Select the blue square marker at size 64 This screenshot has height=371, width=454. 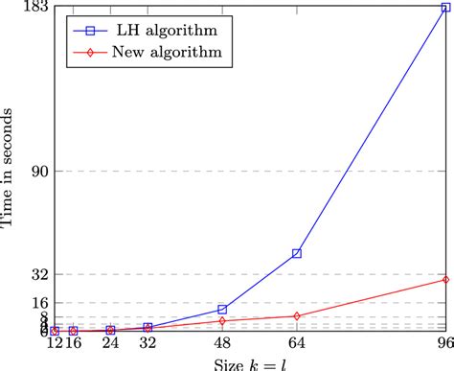(x=297, y=253)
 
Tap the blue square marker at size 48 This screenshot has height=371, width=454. (x=222, y=310)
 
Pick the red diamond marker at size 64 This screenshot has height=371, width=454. (x=297, y=315)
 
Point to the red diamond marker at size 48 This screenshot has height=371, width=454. (x=222, y=321)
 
